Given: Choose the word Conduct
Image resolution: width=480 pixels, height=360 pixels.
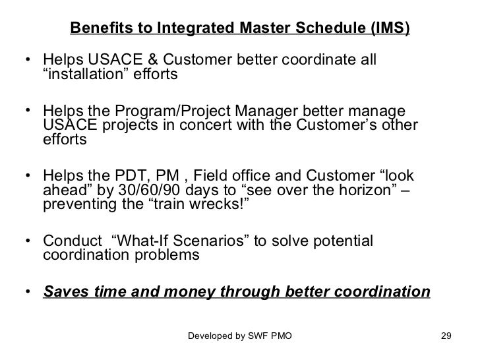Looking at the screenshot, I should (x=70, y=241).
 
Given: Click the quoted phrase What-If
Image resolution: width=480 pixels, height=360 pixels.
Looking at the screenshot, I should (x=141, y=241).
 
